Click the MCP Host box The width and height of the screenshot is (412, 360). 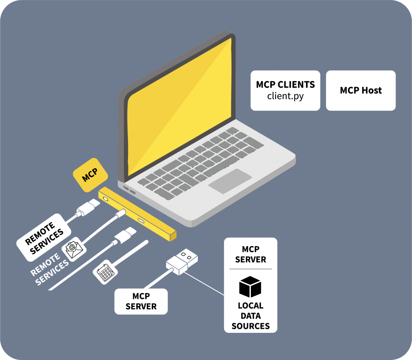[x=361, y=91]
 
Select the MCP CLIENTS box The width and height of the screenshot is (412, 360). [x=285, y=91]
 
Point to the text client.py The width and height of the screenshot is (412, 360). [x=285, y=96]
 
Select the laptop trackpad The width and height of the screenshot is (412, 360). [x=230, y=181]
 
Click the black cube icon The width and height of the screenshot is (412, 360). [x=250, y=286]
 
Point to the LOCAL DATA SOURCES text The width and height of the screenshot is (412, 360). [x=250, y=316]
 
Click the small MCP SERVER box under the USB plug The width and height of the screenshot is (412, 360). [x=141, y=302]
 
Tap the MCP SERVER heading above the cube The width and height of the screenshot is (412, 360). [x=250, y=255]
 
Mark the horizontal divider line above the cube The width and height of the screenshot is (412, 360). [x=250, y=269]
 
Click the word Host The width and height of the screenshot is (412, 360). [x=372, y=91]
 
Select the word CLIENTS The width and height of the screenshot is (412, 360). [x=296, y=85]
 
